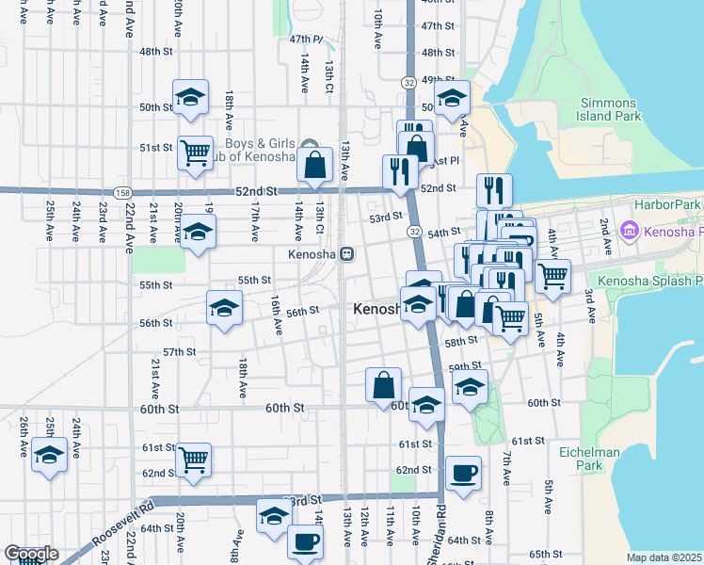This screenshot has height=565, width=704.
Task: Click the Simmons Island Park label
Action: pyautogui.click(x=611, y=109)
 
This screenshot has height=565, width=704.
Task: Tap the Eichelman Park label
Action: pyautogui.click(x=594, y=459)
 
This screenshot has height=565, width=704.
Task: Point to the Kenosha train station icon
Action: pyautogui.click(x=347, y=254)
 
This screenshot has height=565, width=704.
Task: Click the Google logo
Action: pyautogui.click(x=31, y=554)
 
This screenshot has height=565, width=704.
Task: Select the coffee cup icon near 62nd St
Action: pyautogui.click(x=462, y=473)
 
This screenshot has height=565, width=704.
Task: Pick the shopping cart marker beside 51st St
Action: pyautogui.click(x=195, y=152)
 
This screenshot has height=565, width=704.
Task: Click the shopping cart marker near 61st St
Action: pyautogui.click(x=194, y=460)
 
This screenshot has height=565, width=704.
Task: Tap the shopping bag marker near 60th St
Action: pyautogui.click(x=383, y=385)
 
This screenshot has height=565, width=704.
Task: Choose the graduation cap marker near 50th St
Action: pyautogui.click(x=190, y=98)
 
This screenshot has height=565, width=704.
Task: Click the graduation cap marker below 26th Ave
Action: pyautogui.click(x=49, y=455)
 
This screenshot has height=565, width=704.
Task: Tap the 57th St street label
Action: pyautogui.click(x=179, y=351)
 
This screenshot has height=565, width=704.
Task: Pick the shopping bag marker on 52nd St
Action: pyautogui.click(x=314, y=165)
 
